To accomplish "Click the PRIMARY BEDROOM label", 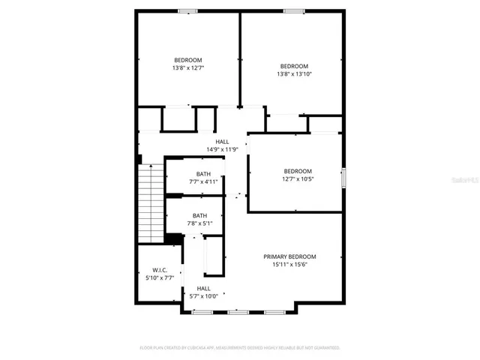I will [289, 256].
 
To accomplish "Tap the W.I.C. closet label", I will [160, 270].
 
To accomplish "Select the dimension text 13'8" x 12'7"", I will [188, 68].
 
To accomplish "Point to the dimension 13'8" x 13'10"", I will [294, 73].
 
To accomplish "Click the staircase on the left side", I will [151, 202].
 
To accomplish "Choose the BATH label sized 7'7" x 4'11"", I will [193, 173].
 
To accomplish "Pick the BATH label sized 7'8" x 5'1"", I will [199, 215].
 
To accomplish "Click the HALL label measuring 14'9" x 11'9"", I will [223, 141].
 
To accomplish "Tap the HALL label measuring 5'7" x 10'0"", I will [203, 288].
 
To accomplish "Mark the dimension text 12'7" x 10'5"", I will [298, 179].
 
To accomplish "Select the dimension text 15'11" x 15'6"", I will [289, 265].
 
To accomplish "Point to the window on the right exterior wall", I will [343, 178].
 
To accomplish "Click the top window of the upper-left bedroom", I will [187, 10].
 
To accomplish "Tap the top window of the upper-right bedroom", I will [294, 10].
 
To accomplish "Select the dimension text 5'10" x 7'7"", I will [160, 278].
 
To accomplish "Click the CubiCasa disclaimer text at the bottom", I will [240, 348].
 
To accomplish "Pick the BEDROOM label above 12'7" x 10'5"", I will [298, 171].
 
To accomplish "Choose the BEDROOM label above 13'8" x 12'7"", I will [188, 60].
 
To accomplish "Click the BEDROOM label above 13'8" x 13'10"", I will [294, 65].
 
